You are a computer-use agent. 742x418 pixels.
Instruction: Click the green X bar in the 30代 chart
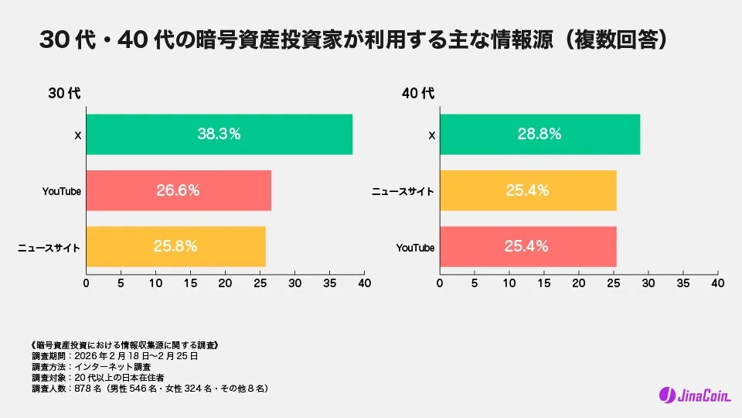(x=219, y=135)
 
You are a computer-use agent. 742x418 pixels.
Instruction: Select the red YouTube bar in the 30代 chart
(x=179, y=190)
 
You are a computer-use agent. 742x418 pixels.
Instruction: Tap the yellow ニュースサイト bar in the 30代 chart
(x=175, y=247)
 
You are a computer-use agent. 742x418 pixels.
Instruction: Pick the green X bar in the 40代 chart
(x=539, y=135)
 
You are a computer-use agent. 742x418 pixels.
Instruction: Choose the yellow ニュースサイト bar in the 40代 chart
(x=528, y=190)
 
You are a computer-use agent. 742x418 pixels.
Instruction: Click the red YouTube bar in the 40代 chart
(x=528, y=247)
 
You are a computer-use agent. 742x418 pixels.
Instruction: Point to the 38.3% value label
(x=219, y=134)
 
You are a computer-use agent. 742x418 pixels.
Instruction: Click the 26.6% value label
(x=178, y=190)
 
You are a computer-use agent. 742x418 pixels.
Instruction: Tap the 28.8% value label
(x=539, y=134)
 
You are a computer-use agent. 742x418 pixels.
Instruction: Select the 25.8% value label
(x=175, y=247)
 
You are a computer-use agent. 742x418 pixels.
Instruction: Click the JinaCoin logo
(x=691, y=395)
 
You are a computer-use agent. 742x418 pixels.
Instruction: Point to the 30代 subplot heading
(x=64, y=94)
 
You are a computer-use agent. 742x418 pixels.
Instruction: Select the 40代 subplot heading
(x=418, y=94)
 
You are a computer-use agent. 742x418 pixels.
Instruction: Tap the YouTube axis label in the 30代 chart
(x=62, y=191)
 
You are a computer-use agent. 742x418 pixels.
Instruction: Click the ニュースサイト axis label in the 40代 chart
(x=403, y=191)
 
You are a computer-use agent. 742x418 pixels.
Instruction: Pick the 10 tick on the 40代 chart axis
(x=509, y=283)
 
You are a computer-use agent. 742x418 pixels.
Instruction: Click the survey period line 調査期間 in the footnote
(x=116, y=356)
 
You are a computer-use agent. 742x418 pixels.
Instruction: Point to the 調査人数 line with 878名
(x=150, y=388)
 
